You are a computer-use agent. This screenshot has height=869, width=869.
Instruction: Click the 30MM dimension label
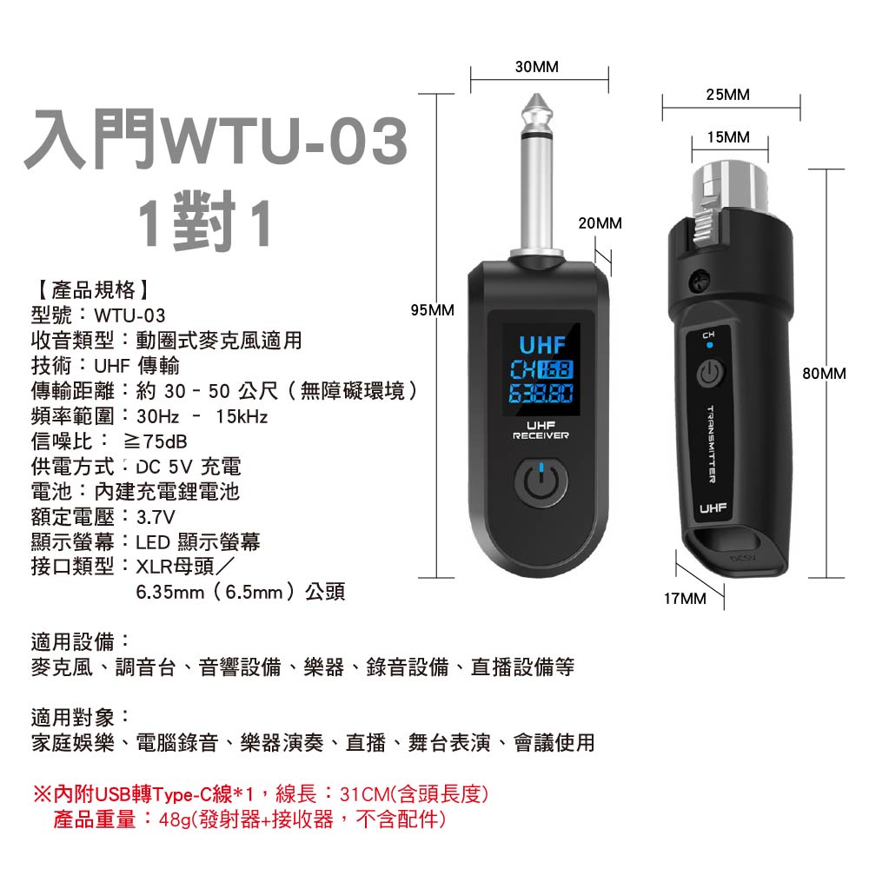coord(536,67)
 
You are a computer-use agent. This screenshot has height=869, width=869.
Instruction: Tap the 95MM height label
coord(432,310)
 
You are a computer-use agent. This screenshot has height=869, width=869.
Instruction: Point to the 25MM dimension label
coord(727,95)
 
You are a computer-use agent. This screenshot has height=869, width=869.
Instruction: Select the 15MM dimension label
coord(728,137)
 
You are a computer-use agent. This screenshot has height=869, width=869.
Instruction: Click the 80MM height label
coord(824,374)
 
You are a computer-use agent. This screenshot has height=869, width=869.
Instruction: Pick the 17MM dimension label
coord(685,599)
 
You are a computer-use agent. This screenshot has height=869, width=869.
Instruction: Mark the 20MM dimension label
coord(600,223)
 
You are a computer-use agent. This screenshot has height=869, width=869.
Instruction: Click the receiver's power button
coord(541,482)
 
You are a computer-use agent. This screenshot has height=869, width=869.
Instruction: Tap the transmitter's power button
coord(710,373)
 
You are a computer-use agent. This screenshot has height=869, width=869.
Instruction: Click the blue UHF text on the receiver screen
coord(542,345)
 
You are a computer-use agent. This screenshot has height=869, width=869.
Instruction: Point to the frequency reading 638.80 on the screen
coord(541,394)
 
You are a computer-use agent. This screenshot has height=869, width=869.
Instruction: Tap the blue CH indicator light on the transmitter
coord(710,345)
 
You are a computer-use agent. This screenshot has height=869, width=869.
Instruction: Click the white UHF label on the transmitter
coord(713,508)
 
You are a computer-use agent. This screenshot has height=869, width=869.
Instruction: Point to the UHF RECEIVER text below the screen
coord(541,430)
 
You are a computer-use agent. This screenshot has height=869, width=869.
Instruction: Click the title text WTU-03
coord(284,140)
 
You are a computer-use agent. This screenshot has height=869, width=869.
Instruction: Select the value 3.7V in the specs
coord(156,517)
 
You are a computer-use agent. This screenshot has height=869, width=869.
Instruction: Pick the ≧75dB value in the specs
coord(156,441)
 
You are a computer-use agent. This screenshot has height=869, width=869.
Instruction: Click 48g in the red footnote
coord(174,819)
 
